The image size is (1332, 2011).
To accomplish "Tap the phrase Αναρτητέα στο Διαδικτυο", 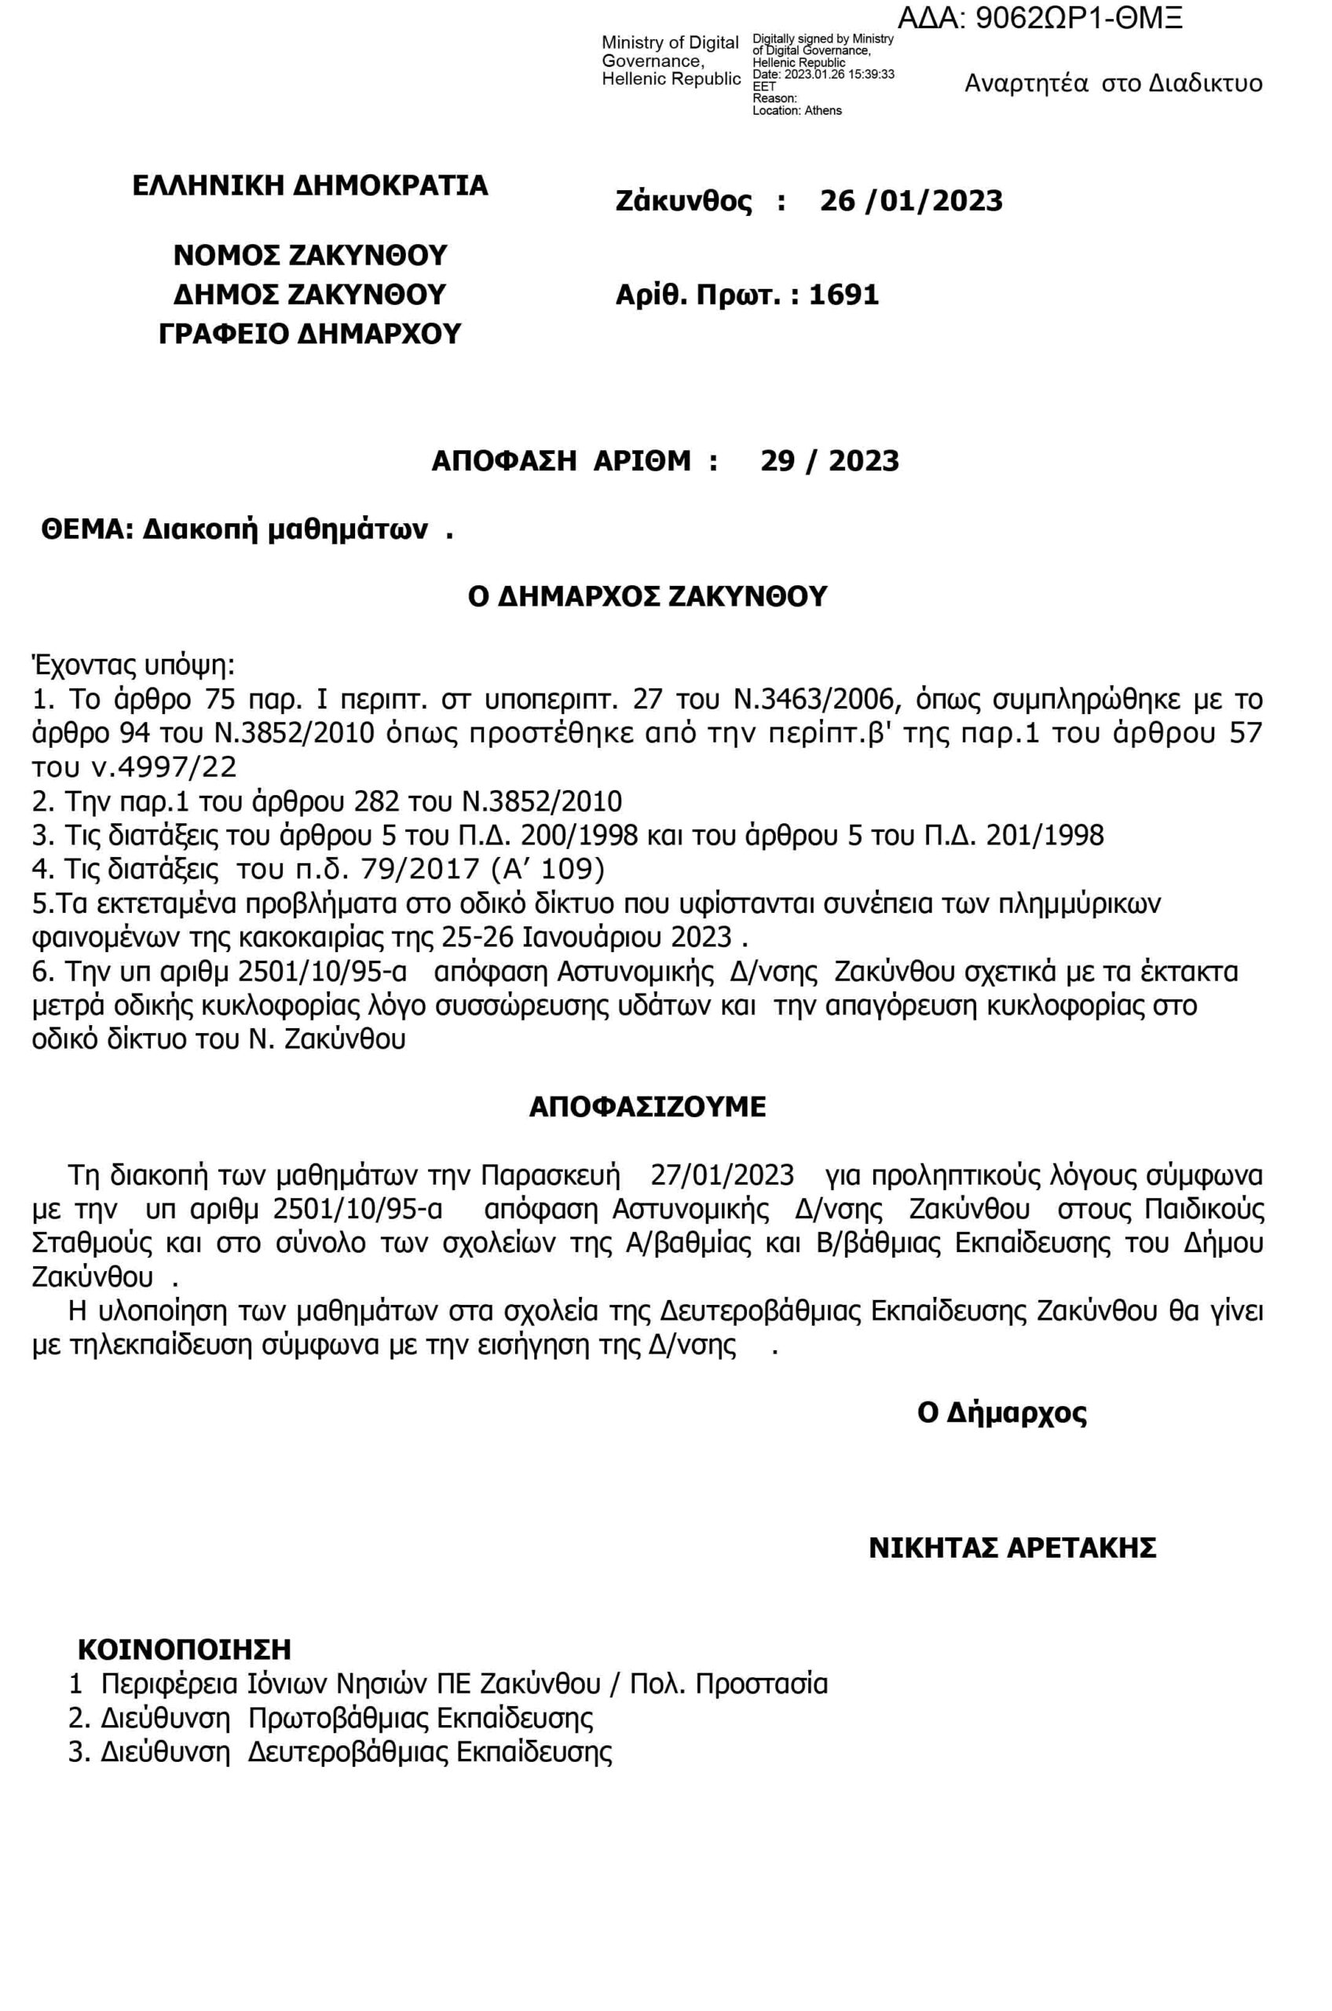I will click(1113, 83).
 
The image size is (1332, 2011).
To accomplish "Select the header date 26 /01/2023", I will click(911, 201).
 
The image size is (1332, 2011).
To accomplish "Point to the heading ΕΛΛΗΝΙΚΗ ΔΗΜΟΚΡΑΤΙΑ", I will click(310, 185).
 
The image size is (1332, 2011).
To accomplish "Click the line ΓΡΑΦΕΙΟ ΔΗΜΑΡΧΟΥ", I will click(310, 334).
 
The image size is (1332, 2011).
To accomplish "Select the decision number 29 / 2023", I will click(829, 461).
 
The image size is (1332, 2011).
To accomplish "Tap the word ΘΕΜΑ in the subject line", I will click(87, 530).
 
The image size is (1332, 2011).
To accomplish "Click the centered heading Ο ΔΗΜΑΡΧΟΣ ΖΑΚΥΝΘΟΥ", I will click(647, 596).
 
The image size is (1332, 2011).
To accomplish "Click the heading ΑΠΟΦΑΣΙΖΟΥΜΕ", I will click(647, 1107).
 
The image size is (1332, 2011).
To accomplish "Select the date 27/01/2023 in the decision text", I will click(722, 1176).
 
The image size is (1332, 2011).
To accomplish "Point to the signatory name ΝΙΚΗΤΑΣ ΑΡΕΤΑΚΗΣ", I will click(1012, 1548).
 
